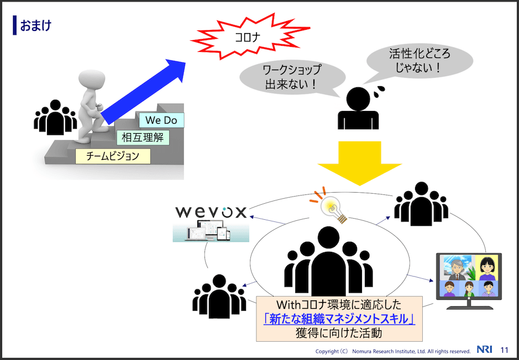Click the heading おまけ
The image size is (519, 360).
[x=35, y=25]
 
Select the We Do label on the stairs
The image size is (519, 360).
[x=161, y=120]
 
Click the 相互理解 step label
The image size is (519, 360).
[x=143, y=137]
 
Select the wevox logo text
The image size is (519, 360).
[x=211, y=212]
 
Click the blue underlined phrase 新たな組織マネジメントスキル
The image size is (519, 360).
[x=339, y=319]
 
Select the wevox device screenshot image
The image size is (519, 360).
[x=211, y=232]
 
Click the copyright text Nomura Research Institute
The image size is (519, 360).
[x=392, y=351]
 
